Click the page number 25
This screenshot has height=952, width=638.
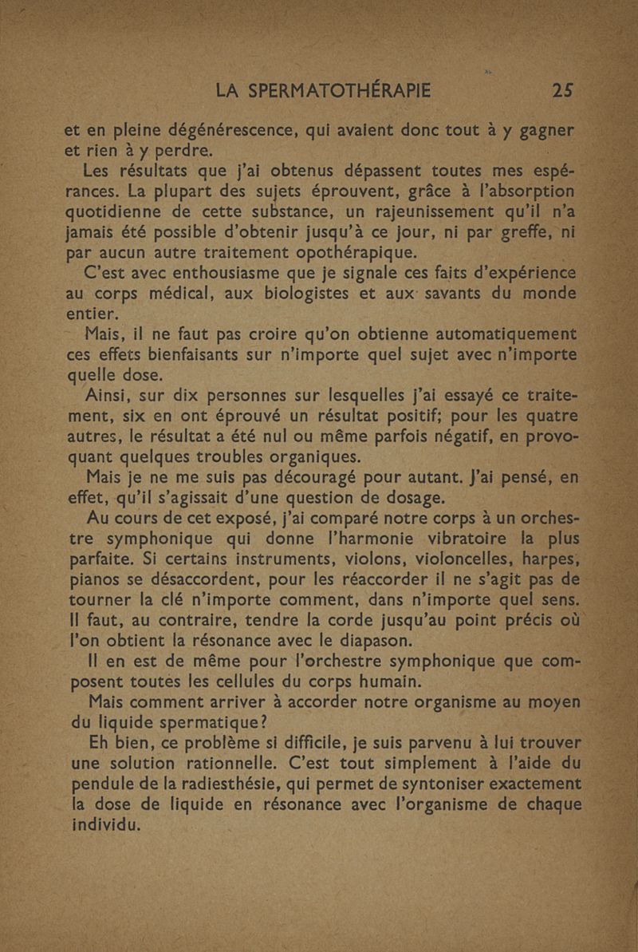564,90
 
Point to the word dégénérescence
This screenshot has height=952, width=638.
219,131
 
